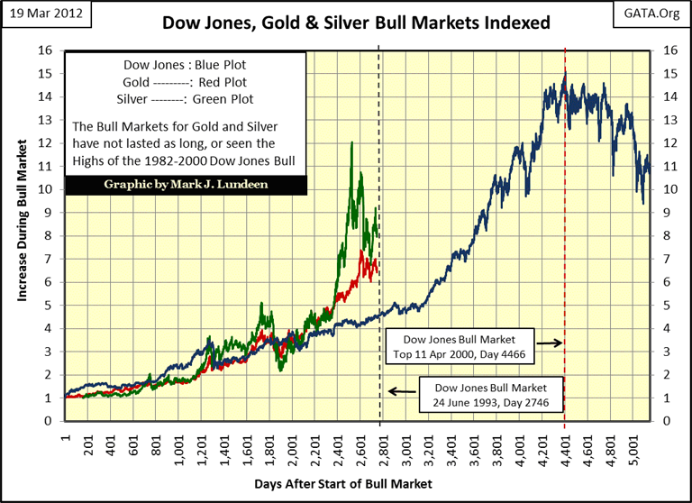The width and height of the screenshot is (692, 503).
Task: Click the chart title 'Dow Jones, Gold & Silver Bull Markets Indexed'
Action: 355,21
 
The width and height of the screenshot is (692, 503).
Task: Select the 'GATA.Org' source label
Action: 648,14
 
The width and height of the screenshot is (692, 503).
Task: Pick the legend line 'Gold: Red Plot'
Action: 187,82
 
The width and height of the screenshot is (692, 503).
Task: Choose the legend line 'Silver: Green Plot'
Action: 187,99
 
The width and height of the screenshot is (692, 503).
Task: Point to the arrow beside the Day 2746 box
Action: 402,391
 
